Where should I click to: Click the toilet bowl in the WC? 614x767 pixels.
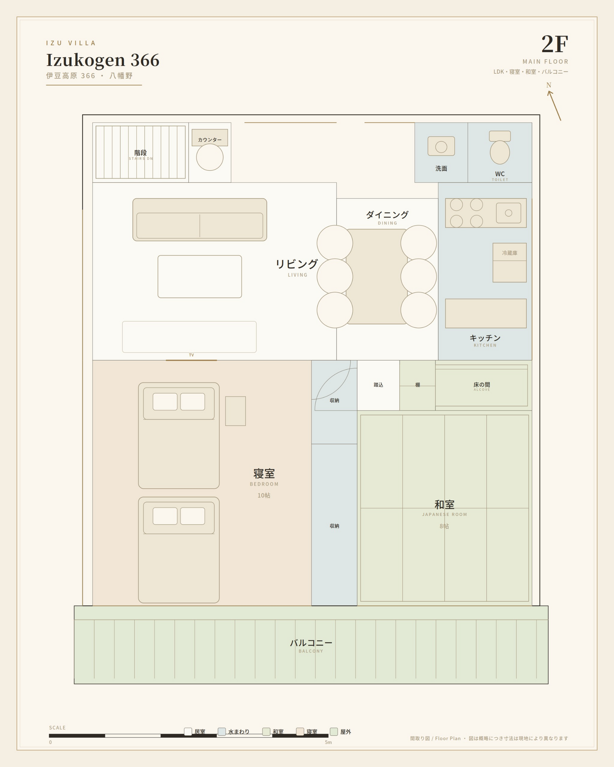[x=500, y=152]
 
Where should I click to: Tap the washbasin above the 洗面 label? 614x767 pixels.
[x=441, y=146]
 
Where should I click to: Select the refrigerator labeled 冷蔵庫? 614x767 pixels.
[x=509, y=263]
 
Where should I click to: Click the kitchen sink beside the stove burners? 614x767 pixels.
[x=508, y=213]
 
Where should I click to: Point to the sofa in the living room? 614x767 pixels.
[x=200, y=219]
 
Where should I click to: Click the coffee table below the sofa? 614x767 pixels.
[x=200, y=276]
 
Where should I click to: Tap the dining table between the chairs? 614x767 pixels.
[x=376, y=276]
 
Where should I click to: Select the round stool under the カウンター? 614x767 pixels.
[x=210, y=157]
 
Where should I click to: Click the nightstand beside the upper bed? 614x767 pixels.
[x=235, y=411]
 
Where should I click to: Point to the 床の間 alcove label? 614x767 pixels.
[x=482, y=385]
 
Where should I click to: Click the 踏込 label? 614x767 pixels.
[x=378, y=385]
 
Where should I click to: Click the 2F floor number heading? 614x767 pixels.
[x=555, y=44]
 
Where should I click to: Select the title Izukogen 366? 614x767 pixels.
[x=103, y=60]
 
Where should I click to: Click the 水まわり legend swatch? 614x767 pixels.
[x=222, y=731]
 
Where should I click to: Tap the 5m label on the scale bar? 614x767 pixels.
[x=328, y=742]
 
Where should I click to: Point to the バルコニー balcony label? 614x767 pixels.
[x=311, y=643]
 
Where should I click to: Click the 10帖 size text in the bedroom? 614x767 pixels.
[x=264, y=495]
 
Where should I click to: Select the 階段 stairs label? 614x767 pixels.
[x=141, y=152]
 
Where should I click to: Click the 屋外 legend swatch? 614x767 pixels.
[x=334, y=731]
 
